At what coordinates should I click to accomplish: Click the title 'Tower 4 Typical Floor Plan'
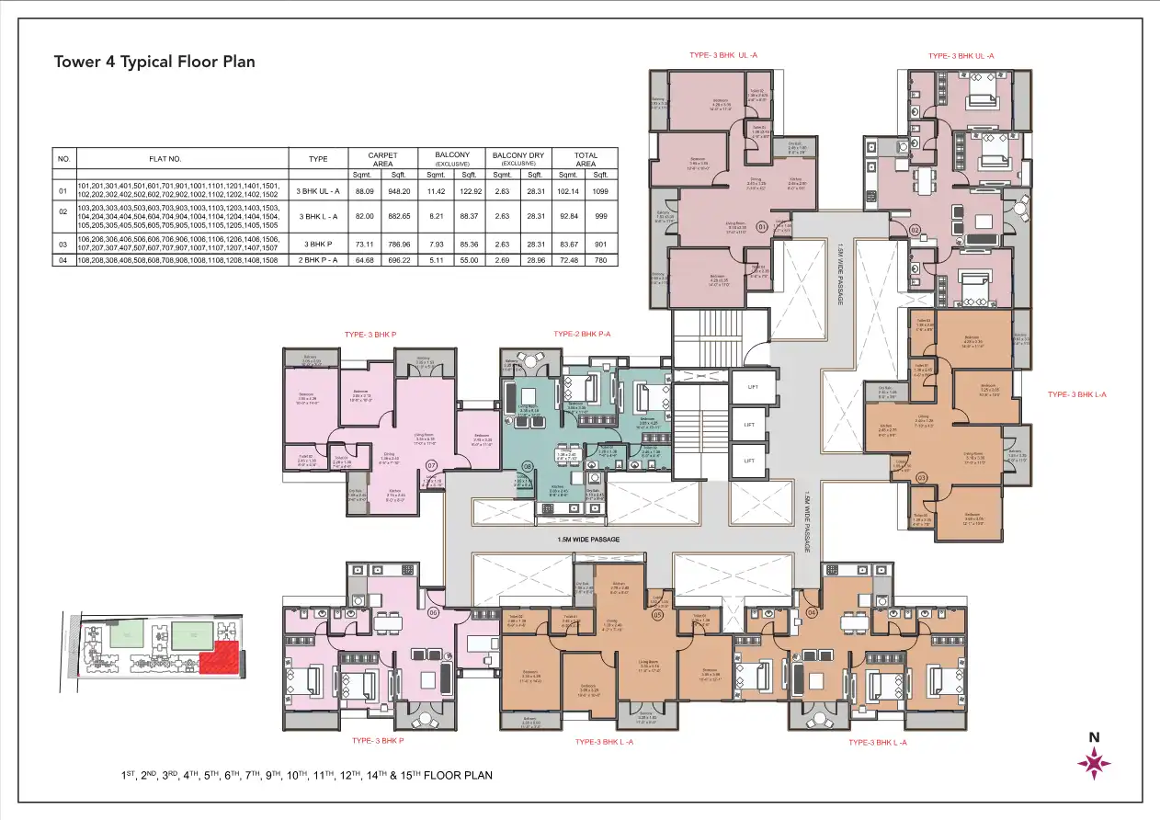click(x=154, y=62)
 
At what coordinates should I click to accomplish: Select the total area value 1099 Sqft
click(x=601, y=191)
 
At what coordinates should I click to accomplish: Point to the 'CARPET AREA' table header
click(x=381, y=159)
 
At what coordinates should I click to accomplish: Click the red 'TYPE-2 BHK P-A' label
click(x=582, y=333)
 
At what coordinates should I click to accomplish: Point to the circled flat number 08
click(x=528, y=466)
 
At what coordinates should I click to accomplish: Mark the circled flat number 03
click(x=922, y=476)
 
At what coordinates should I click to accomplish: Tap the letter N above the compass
click(x=1094, y=736)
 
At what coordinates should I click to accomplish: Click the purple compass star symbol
click(x=1094, y=763)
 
